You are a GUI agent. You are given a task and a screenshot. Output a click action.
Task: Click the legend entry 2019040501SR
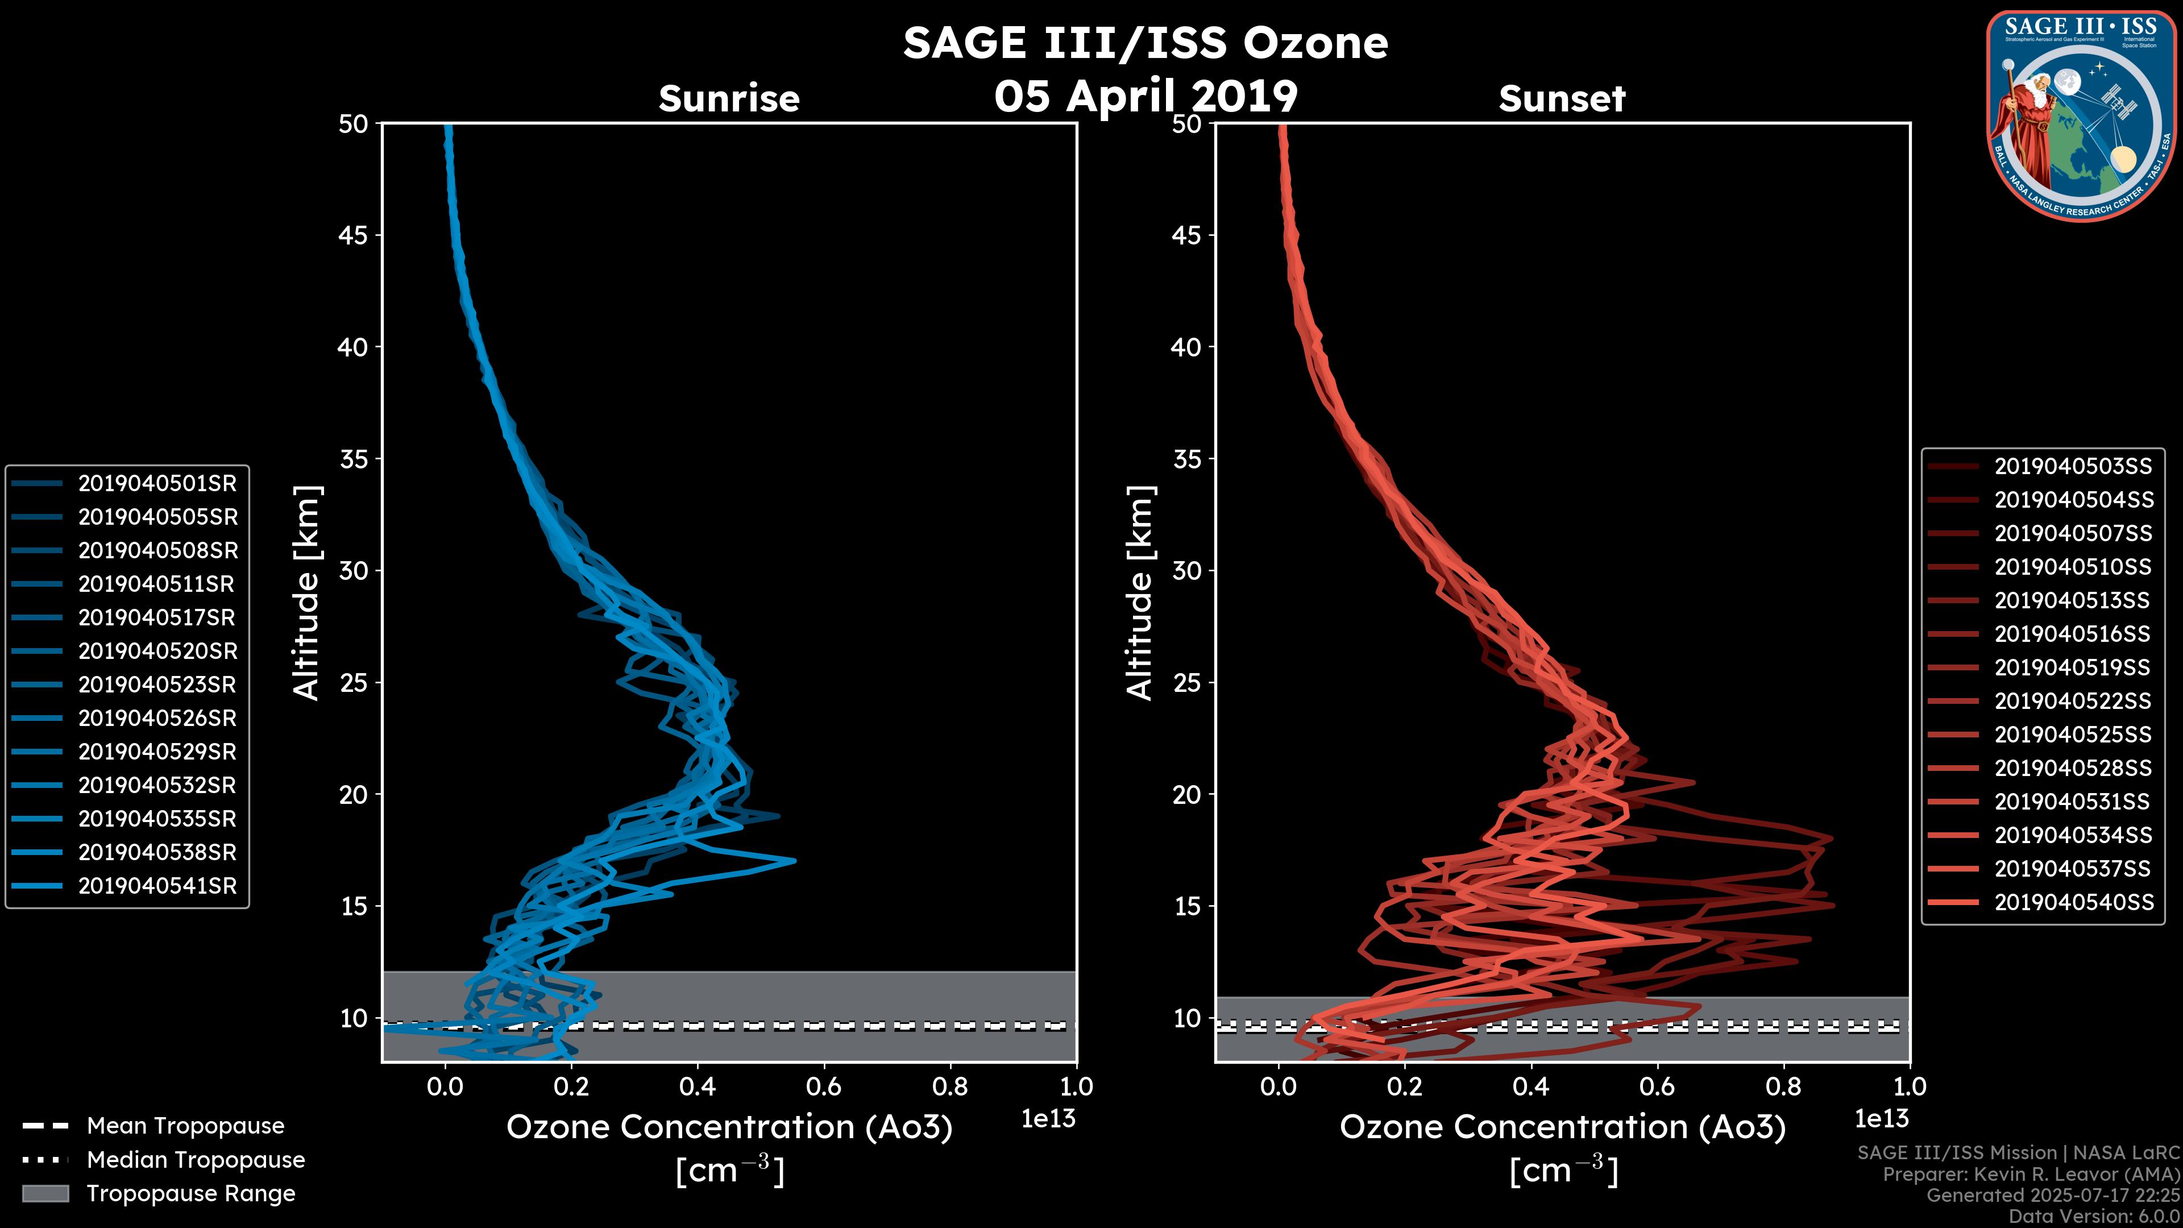[x=157, y=483]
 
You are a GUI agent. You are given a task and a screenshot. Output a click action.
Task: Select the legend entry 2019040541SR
[x=157, y=886]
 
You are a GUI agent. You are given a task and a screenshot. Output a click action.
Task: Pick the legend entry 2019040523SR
[x=157, y=684]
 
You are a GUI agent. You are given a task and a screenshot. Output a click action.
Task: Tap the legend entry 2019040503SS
[x=2073, y=466]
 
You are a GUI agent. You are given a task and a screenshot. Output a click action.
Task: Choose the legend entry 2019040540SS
[x=2073, y=902]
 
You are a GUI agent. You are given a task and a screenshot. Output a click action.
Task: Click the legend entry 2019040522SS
[x=2073, y=701]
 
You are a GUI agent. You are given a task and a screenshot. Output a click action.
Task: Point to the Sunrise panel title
[x=729, y=99]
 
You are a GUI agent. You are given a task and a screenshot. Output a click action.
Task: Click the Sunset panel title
[x=1562, y=99]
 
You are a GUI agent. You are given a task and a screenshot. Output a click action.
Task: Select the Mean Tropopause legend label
[x=185, y=1126]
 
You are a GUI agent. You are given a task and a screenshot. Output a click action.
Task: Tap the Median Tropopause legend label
[x=195, y=1159]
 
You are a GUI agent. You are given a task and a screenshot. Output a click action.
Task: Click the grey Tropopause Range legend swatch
[x=45, y=1193]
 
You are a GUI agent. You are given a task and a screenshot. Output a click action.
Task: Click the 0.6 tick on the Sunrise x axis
[x=824, y=1086]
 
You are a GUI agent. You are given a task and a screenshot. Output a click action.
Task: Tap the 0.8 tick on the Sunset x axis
[x=1783, y=1086]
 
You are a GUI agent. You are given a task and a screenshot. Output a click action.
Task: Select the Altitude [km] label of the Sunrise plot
[x=307, y=593]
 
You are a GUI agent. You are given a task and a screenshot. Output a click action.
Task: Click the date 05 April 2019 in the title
[x=1146, y=96]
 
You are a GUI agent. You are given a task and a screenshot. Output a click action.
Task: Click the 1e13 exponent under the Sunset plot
[x=1881, y=1119]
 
